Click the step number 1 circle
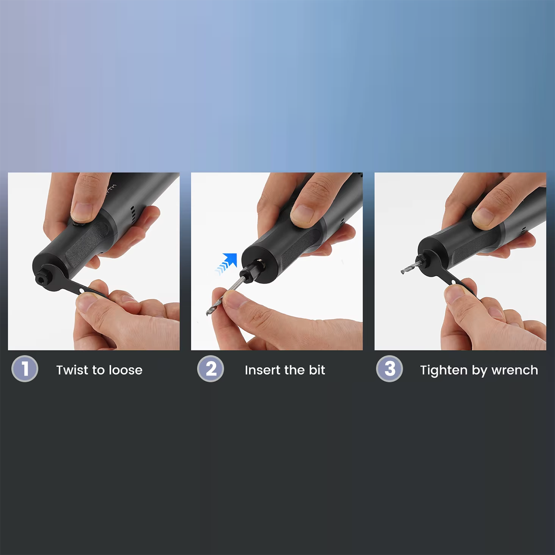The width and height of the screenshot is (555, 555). click(x=25, y=369)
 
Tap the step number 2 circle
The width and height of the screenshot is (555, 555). click(x=210, y=369)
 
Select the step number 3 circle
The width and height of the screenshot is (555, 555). click(x=389, y=369)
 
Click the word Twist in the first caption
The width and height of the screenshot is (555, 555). click(x=73, y=370)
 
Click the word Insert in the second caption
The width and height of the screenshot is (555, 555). click(x=261, y=370)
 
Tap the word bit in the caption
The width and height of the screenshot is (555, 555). click(x=317, y=370)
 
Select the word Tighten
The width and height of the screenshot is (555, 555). click(x=444, y=371)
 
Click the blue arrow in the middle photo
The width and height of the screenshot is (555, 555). click(x=226, y=263)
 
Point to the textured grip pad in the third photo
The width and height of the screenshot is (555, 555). click(x=475, y=246)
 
